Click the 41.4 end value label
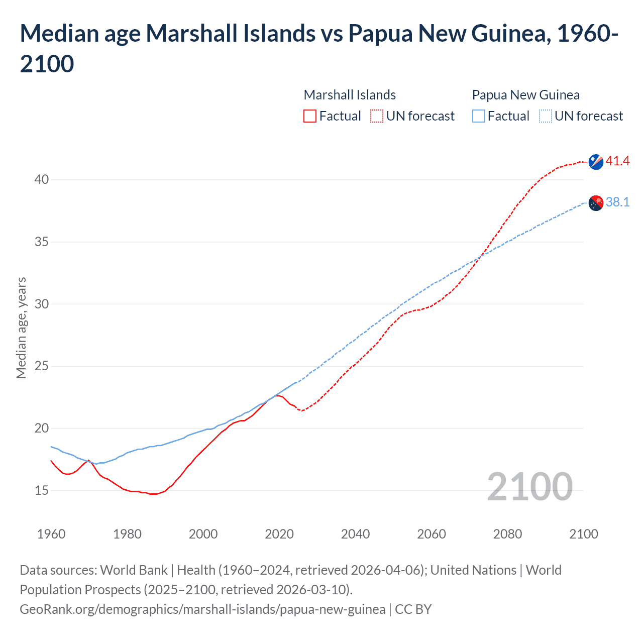tap(617, 161)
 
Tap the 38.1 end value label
tap(617, 202)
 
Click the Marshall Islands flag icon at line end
tap(596, 162)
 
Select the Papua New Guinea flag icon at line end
tap(596, 203)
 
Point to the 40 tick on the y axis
tap(42, 180)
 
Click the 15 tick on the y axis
tap(42, 491)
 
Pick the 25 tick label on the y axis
tap(42, 366)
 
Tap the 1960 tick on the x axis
tap(51, 534)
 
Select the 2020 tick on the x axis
tap(279, 534)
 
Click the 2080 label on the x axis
tap(507, 534)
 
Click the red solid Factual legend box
tap(310, 117)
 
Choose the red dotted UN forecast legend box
tap(377, 117)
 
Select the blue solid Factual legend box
tap(478, 117)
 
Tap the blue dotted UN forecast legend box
tap(545, 117)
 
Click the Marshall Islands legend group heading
tap(350, 95)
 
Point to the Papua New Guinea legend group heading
tap(525, 95)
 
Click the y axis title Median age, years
tap(21, 328)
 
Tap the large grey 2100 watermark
tap(529, 487)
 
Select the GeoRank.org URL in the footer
tap(202, 609)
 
